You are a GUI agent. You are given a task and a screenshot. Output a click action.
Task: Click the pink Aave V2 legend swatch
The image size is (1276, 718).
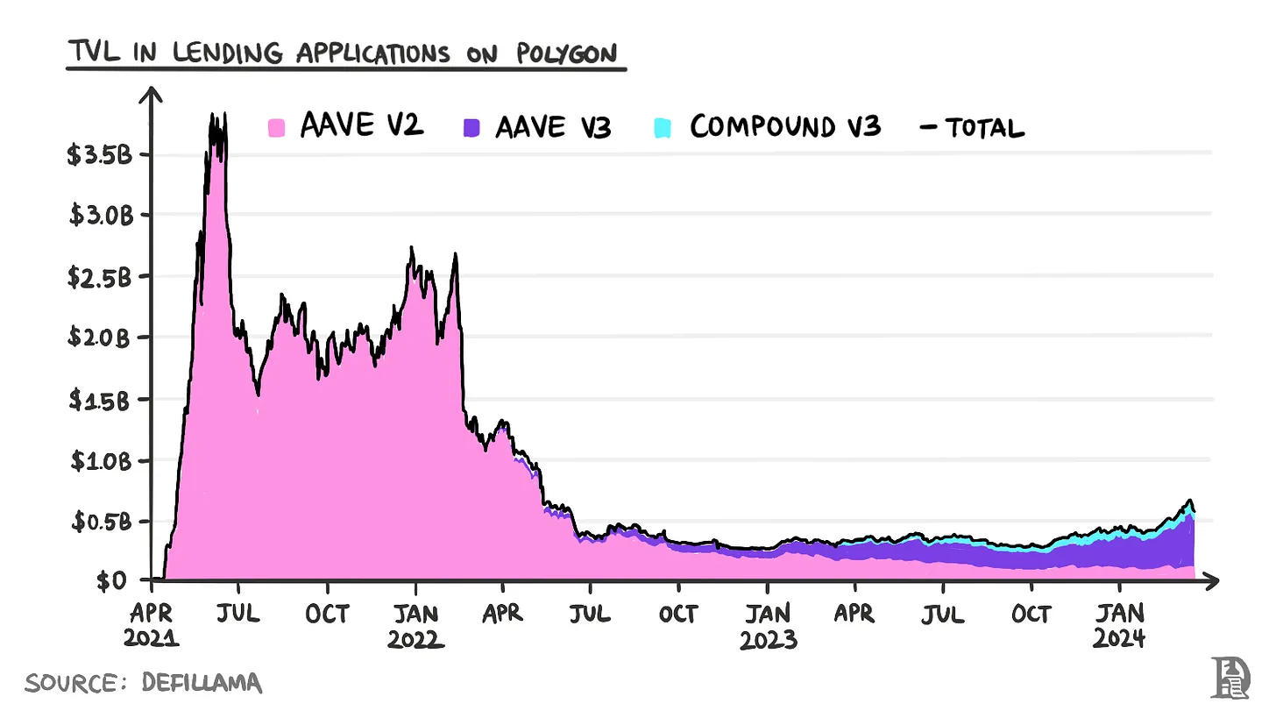[277, 128]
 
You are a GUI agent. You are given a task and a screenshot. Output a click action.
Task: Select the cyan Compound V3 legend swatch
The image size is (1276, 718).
[663, 128]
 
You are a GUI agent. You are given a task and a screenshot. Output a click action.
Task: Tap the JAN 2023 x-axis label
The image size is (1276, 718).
[769, 625]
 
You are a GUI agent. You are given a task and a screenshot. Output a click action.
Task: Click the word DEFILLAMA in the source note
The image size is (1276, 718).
[202, 683]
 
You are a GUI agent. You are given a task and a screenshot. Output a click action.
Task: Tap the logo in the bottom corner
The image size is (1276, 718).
[1230, 678]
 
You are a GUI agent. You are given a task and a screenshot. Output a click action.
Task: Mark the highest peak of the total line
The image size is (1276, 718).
[211, 115]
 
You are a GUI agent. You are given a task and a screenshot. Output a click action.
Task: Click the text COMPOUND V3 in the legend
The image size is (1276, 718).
[784, 128]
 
